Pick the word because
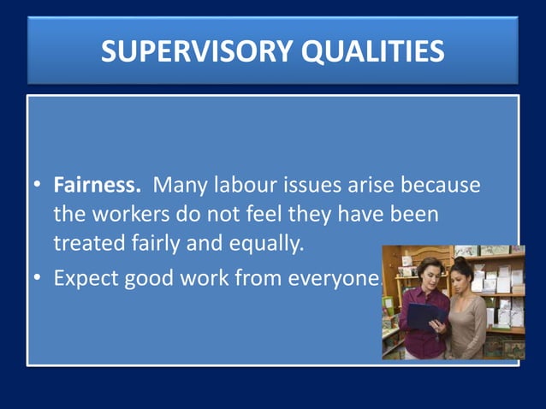tap(436, 185)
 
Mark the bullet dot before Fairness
tap(38, 186)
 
